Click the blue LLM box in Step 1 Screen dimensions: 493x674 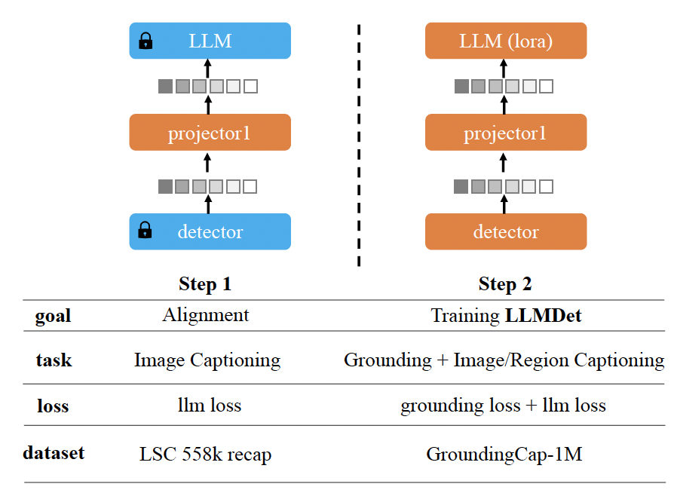coord(210,41)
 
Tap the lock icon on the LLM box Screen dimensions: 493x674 coord(146,41)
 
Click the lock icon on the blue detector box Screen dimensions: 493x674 coord(146,231)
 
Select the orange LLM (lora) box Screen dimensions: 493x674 coord(506,41)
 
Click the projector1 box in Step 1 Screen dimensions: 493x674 coord(210,133)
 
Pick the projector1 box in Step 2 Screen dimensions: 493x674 coord(506,133)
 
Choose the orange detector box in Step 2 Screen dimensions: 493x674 coord(506,231)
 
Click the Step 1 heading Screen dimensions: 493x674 coord(205,283)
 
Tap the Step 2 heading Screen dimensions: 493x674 coord(505,283)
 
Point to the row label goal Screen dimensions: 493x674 coord(54,315)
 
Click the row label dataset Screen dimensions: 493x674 coord(54,453)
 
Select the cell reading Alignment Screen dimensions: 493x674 coord(206,314)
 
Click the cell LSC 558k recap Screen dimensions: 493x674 coord(206,454)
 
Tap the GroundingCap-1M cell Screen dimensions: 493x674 coord(504,454)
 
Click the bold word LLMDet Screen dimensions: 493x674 coord(544,315)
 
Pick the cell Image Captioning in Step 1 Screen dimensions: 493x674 coord(207,360)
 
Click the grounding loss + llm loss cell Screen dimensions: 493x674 coord(503,406)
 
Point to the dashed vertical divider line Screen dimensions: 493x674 coord(359,143)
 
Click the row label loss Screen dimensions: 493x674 coord(53,406)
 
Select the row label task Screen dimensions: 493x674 coord(54,360)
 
